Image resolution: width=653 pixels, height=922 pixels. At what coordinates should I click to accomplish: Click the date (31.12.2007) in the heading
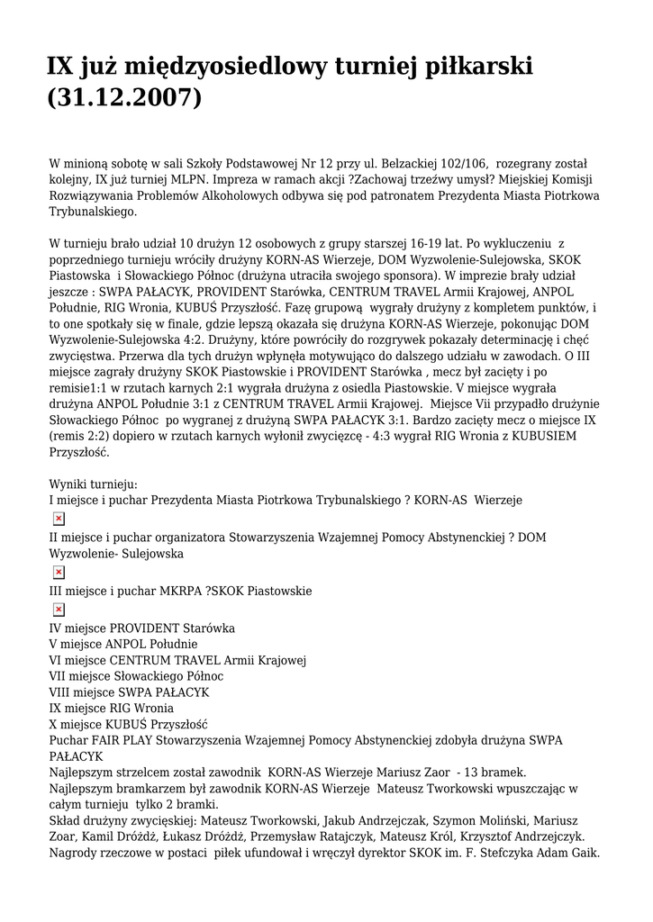[124, 96]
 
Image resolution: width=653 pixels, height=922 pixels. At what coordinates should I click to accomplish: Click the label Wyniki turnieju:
[93, 484]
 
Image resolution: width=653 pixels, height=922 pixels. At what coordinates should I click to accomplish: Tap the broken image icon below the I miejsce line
[59, 519]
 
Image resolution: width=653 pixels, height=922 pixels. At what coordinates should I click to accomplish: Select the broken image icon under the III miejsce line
[59, 610]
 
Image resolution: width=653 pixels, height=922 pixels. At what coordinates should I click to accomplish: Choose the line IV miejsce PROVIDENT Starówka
[141, 628]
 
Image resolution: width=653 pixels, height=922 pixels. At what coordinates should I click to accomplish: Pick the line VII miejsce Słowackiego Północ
[136, 676]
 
